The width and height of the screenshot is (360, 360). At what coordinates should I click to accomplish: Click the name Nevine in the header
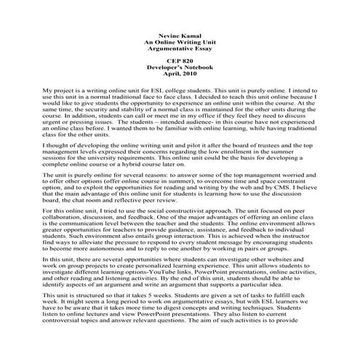click(165, 33)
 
